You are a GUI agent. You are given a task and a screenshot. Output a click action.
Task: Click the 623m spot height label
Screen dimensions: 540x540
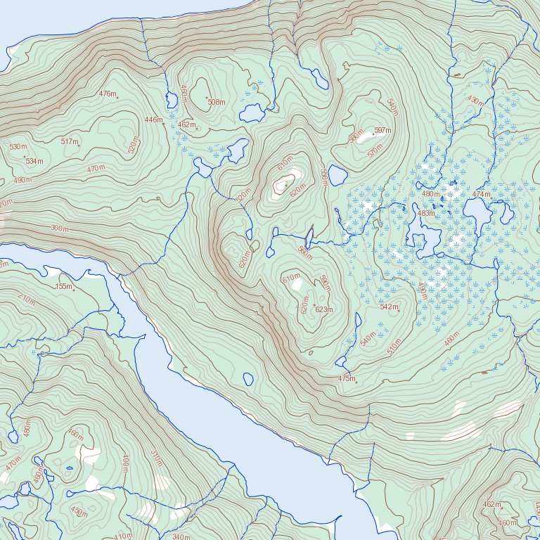pyautogui.click(x=323, y=309)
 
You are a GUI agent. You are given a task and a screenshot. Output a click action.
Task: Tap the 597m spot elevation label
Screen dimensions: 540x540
pyautogui.click(x=382, y=131)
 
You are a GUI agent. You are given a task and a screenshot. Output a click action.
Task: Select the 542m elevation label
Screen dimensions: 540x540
pyautogui.click(x=389, y=307)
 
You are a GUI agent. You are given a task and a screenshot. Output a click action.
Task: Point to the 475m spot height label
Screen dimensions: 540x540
pyautogui.click(x=347, y=379)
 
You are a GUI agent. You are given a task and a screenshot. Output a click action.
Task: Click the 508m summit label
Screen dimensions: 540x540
pyautogui.click(x=217, y=102)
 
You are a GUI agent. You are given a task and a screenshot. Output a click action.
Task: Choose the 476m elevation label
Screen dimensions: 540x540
pyautogui.click(x=108, y=94)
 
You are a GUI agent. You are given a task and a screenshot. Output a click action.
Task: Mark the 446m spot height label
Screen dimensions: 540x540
pyautogui.click(x=153, y=120)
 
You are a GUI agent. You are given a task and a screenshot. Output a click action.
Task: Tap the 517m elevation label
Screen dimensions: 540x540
pyautogui.click(x=70, y=142)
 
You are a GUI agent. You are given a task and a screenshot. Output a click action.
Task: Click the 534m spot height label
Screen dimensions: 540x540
pyautogui.click(x=34, y=161)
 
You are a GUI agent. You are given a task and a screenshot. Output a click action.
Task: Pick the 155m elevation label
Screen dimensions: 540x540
pyautogui.click(x=64, y=286)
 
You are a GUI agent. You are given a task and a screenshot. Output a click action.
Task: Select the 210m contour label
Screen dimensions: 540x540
pyautogui.click(x=26, y=300)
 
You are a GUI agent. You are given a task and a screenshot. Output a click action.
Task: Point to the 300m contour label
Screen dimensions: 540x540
pyautogui.click(x=60, y=229)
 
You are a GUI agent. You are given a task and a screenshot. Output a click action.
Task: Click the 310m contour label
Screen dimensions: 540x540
pyautogui.click(x=156, y=458)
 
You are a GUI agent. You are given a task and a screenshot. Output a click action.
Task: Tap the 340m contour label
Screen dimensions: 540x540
pyautogui.click(x=181, y=537)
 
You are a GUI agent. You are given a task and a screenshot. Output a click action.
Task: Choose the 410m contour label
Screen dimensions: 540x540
pyautogui.click(x=122, y=536)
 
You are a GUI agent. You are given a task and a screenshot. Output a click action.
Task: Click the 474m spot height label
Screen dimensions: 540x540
pyautogui.click(x=481, y=194)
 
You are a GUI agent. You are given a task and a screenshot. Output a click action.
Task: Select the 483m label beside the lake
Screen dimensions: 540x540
pyautogui.click(x=426, y=213)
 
